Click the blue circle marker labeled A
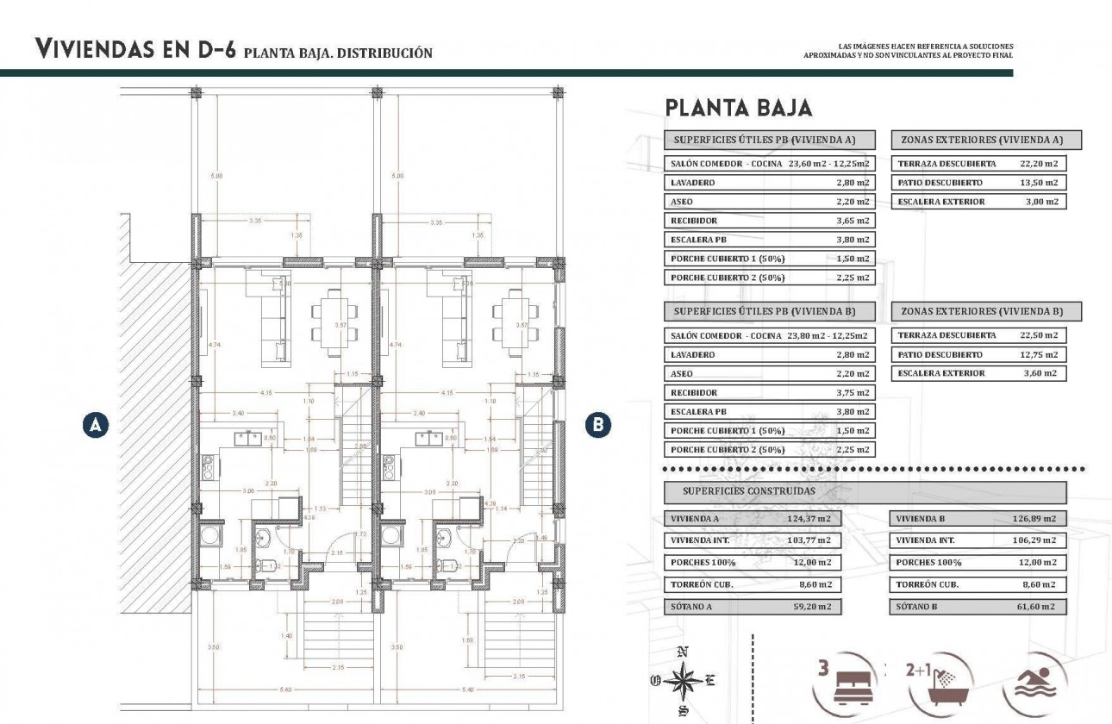coord(97,424)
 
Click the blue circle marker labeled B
coord(598,424)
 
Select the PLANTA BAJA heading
coord(737,109)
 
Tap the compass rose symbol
coord(683,680)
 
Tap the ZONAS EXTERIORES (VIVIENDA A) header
coord(981,140)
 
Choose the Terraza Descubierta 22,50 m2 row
coord(978,335)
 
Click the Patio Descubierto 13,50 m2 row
coord(978,183)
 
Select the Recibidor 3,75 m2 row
coord(770,392)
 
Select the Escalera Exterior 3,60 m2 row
coord(978,373)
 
